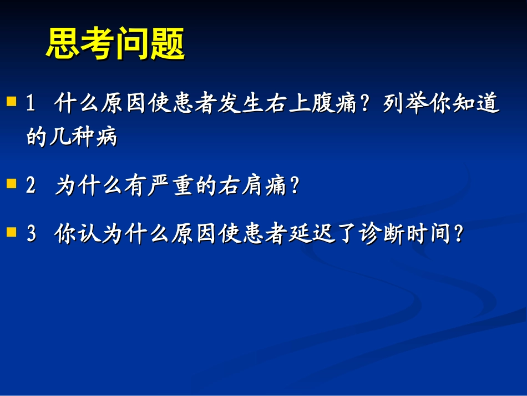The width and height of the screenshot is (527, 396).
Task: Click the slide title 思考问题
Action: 115,44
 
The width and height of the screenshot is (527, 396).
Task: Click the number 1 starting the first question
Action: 31,104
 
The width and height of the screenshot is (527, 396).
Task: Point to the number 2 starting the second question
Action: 31,186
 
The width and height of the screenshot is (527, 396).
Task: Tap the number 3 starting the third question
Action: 31,235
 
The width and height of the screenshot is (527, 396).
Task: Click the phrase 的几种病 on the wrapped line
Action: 72,137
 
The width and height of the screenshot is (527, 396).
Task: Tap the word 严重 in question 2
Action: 171,186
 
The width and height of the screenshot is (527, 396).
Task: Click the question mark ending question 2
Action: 295,186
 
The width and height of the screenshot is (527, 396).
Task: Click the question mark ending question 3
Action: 458,235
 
